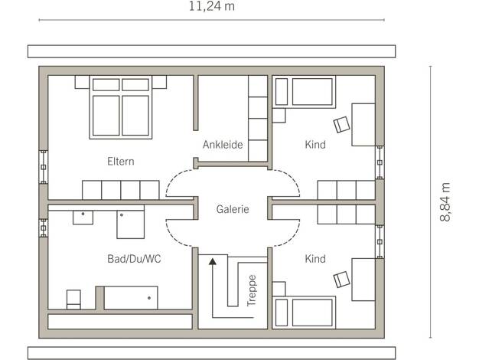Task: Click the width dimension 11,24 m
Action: tap(211, 6)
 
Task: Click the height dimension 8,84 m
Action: tap(445, 202)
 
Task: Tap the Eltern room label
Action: tap(121, 161)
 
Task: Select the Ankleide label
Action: tap(223, 144)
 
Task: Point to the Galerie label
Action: tap(233, 209)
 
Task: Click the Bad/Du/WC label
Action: tap(134, 259)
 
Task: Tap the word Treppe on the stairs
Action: tap(252, 290)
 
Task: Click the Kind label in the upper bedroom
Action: tap(315, 144)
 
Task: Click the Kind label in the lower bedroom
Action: tap(315, 259)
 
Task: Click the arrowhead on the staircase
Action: tap(213, 261)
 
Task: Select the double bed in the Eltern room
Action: tap(121, 107)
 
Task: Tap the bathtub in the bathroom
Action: tap(131, 298)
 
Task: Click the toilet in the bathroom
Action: tap(73, 299)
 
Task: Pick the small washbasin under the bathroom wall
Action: tap(83, 218)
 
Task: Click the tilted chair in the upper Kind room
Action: tap(341, 125)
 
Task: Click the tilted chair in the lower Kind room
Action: tap(341, 280)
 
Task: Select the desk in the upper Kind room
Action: tap(363, 125)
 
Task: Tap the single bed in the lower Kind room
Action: tap(304, 313)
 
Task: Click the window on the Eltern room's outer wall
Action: tap(44, 167)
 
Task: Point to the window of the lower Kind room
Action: tap(380, 241)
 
